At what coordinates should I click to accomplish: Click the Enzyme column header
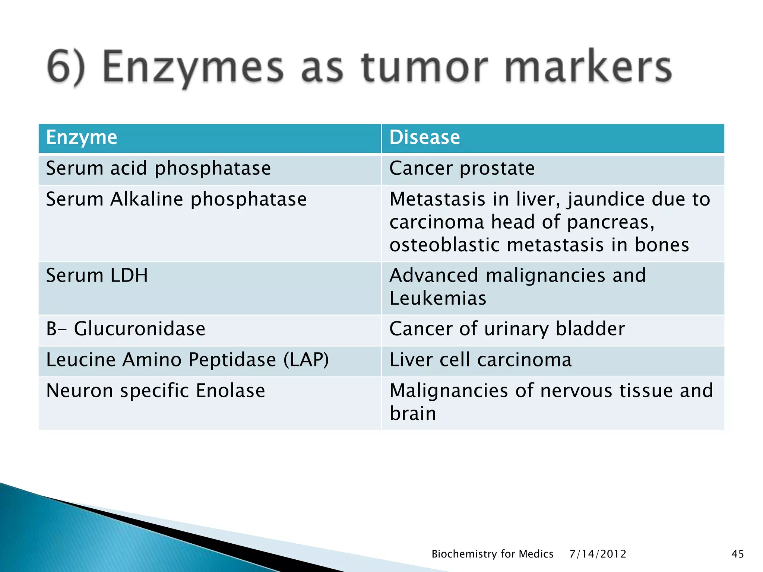[82, 137]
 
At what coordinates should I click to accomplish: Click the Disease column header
[424, 137]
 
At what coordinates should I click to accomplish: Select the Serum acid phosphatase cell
[158, 168]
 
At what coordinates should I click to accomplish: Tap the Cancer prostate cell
[462, 168]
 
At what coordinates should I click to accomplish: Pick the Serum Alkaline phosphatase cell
[176, 199]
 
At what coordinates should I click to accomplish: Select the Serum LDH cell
[97, 276]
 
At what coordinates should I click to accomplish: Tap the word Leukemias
[438, 299]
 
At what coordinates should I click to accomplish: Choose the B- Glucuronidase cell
[126, 329]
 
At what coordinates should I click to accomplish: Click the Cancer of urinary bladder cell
[507, 329]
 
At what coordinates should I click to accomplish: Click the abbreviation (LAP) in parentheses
[306, 360]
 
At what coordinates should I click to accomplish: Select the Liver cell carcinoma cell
[480, 360]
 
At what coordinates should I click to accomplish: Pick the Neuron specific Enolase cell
[155, 391]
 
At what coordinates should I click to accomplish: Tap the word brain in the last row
[413, 414]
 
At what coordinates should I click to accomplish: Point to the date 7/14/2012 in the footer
[598, 554]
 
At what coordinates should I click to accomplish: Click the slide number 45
[738, 554]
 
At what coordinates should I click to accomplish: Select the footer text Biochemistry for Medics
[492, 554]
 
